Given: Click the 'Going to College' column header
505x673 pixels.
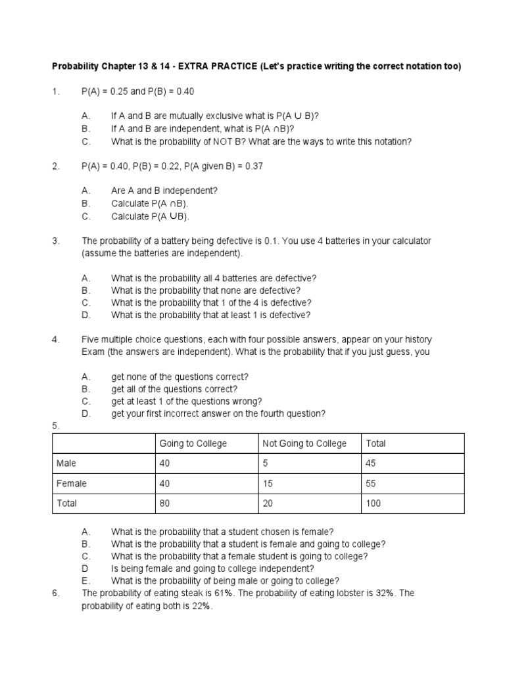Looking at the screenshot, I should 193,444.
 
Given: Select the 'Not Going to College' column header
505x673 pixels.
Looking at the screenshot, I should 304,444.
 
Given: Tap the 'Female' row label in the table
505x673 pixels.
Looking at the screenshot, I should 72,484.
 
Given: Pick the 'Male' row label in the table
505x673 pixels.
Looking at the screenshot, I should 66,463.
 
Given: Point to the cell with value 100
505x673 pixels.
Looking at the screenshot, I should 373,503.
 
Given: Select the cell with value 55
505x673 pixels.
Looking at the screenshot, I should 371,484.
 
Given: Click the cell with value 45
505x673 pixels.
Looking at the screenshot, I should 371,463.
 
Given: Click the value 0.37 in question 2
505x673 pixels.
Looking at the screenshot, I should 254,166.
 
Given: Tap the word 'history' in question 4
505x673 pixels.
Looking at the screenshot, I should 418,340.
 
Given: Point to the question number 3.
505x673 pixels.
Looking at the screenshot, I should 55,241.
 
